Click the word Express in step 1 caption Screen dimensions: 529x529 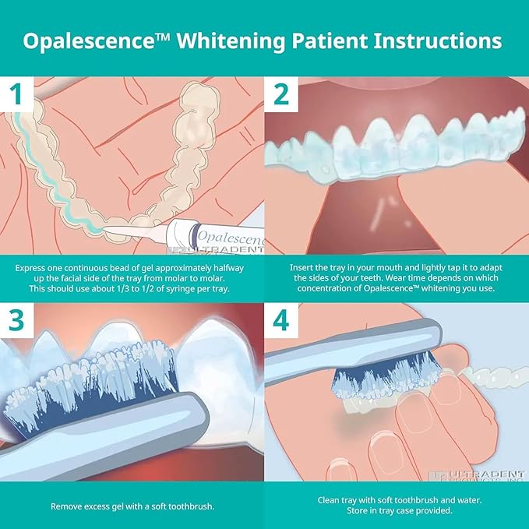31,267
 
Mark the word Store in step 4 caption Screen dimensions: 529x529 359,510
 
